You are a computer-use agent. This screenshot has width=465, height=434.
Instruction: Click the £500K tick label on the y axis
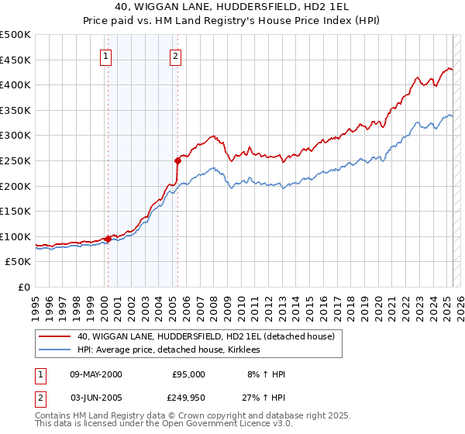pyautogui.click(x=15, y=35)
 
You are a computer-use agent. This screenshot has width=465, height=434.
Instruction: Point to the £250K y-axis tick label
pyautogui.click(x=15, y=160)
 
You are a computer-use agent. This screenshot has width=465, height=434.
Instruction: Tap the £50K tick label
pyautogui.click(x=19, y=262)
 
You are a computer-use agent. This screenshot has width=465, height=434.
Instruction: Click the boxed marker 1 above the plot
pyautogui.click(x=105, y=55)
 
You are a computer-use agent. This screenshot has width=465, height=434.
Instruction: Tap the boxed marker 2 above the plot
pyautogui.click(x=176, y=55)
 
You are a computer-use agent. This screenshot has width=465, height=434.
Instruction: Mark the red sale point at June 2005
pyautogui.click(x=177, y=161)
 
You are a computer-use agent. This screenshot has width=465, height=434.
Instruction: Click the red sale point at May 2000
pyautogui.click(x=108, y=239)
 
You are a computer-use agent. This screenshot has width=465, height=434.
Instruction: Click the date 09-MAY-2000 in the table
pyautogui.click(x=95, y=374)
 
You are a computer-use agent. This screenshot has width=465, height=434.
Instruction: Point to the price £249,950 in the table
pyautogui.click(x=188, y=398)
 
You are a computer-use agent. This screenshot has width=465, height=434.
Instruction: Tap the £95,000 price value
pyautogui.click(x=188, y=374)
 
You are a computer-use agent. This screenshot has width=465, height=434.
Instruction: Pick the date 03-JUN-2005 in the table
pyautogui.click(x=95, y=398)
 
